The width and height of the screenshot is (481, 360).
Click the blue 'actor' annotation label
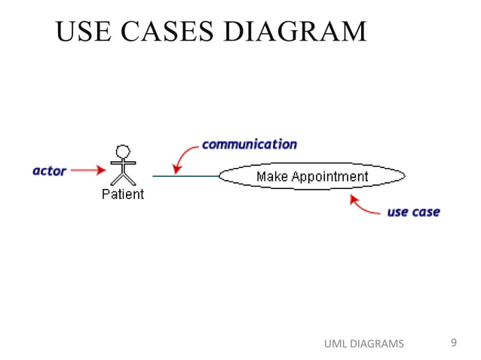coord(50,171)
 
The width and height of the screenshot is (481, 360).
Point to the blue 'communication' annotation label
coord(249,144)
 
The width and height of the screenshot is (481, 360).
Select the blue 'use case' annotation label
coord(413,212)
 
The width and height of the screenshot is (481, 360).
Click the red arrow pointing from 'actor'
coord(88,171)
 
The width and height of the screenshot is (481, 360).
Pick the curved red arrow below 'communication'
coord(183,157)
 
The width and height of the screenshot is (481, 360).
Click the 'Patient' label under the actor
coord(123,194)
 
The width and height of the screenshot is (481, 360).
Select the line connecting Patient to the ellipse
coord(185,176)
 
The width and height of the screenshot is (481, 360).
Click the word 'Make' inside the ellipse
coord(272,177)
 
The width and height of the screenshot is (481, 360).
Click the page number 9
coord(453,343)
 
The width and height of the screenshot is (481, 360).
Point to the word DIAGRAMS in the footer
coord(378,344)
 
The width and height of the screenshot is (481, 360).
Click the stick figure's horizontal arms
coord(123,162)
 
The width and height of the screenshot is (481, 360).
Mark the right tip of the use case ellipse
coord(404,176)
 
